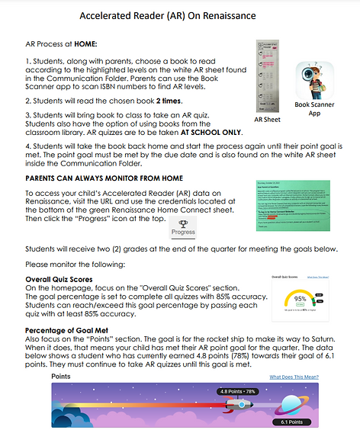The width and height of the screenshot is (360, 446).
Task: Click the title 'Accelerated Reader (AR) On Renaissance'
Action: coord(178,15)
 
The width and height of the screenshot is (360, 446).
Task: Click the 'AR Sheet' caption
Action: coord(268,120)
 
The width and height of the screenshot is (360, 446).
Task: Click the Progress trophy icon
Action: coord(182,222)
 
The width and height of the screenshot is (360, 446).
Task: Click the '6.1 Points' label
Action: coord(293,422)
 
